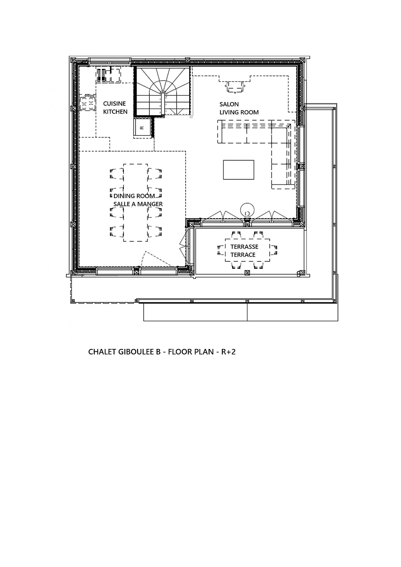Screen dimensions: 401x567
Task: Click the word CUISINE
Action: [x=114, y=104]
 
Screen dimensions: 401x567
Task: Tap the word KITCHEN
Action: [x=115, y=112]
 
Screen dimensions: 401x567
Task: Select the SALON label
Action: [x=229, y=104]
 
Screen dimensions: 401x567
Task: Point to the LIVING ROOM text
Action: [x=239, y=112]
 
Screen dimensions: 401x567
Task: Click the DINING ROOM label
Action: [x=134, y=196]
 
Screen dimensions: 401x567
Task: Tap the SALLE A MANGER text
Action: [x=138, y=204]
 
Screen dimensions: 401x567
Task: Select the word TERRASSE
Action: [x=244, y=246]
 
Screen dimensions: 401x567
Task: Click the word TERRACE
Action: [x=243, y=255]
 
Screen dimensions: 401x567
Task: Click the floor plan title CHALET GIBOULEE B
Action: [x=124, y=352]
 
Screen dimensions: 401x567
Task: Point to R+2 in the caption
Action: [x=228, y=352]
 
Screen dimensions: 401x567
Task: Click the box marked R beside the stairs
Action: [x=142, y=128]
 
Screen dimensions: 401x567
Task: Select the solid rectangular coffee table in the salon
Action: [x=238, y=170]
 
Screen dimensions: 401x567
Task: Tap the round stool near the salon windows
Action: [x=247, y=209]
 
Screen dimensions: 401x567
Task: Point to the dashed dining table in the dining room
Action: [x=136, y=202]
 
